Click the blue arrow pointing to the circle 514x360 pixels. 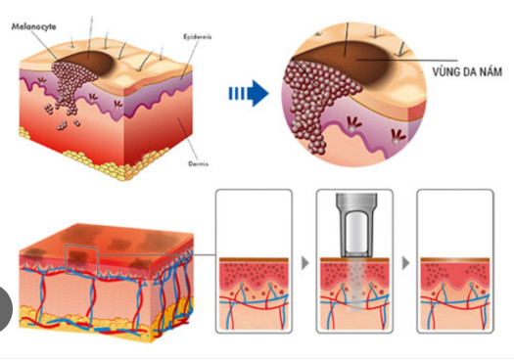248,94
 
